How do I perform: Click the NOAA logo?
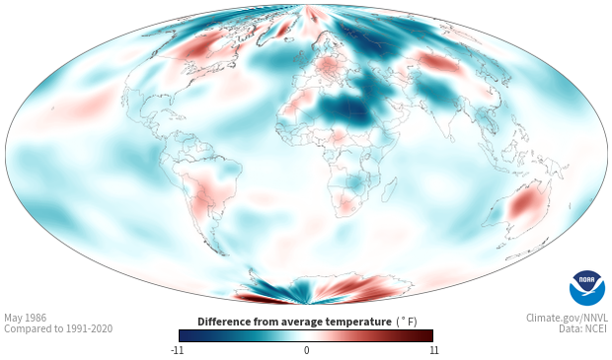click(587, 287)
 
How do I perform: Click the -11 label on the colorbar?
click(178, 350)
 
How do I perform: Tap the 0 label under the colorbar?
click(306, 350)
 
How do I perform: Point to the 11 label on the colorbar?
click(433, 350)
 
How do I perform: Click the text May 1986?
click(26, 318)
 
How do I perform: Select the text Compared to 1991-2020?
click(58, 328)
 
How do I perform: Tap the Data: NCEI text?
click(583, 328)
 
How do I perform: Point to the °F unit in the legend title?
click(407, 322)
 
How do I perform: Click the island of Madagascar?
click(389, 189)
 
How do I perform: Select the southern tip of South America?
click(223, 254)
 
